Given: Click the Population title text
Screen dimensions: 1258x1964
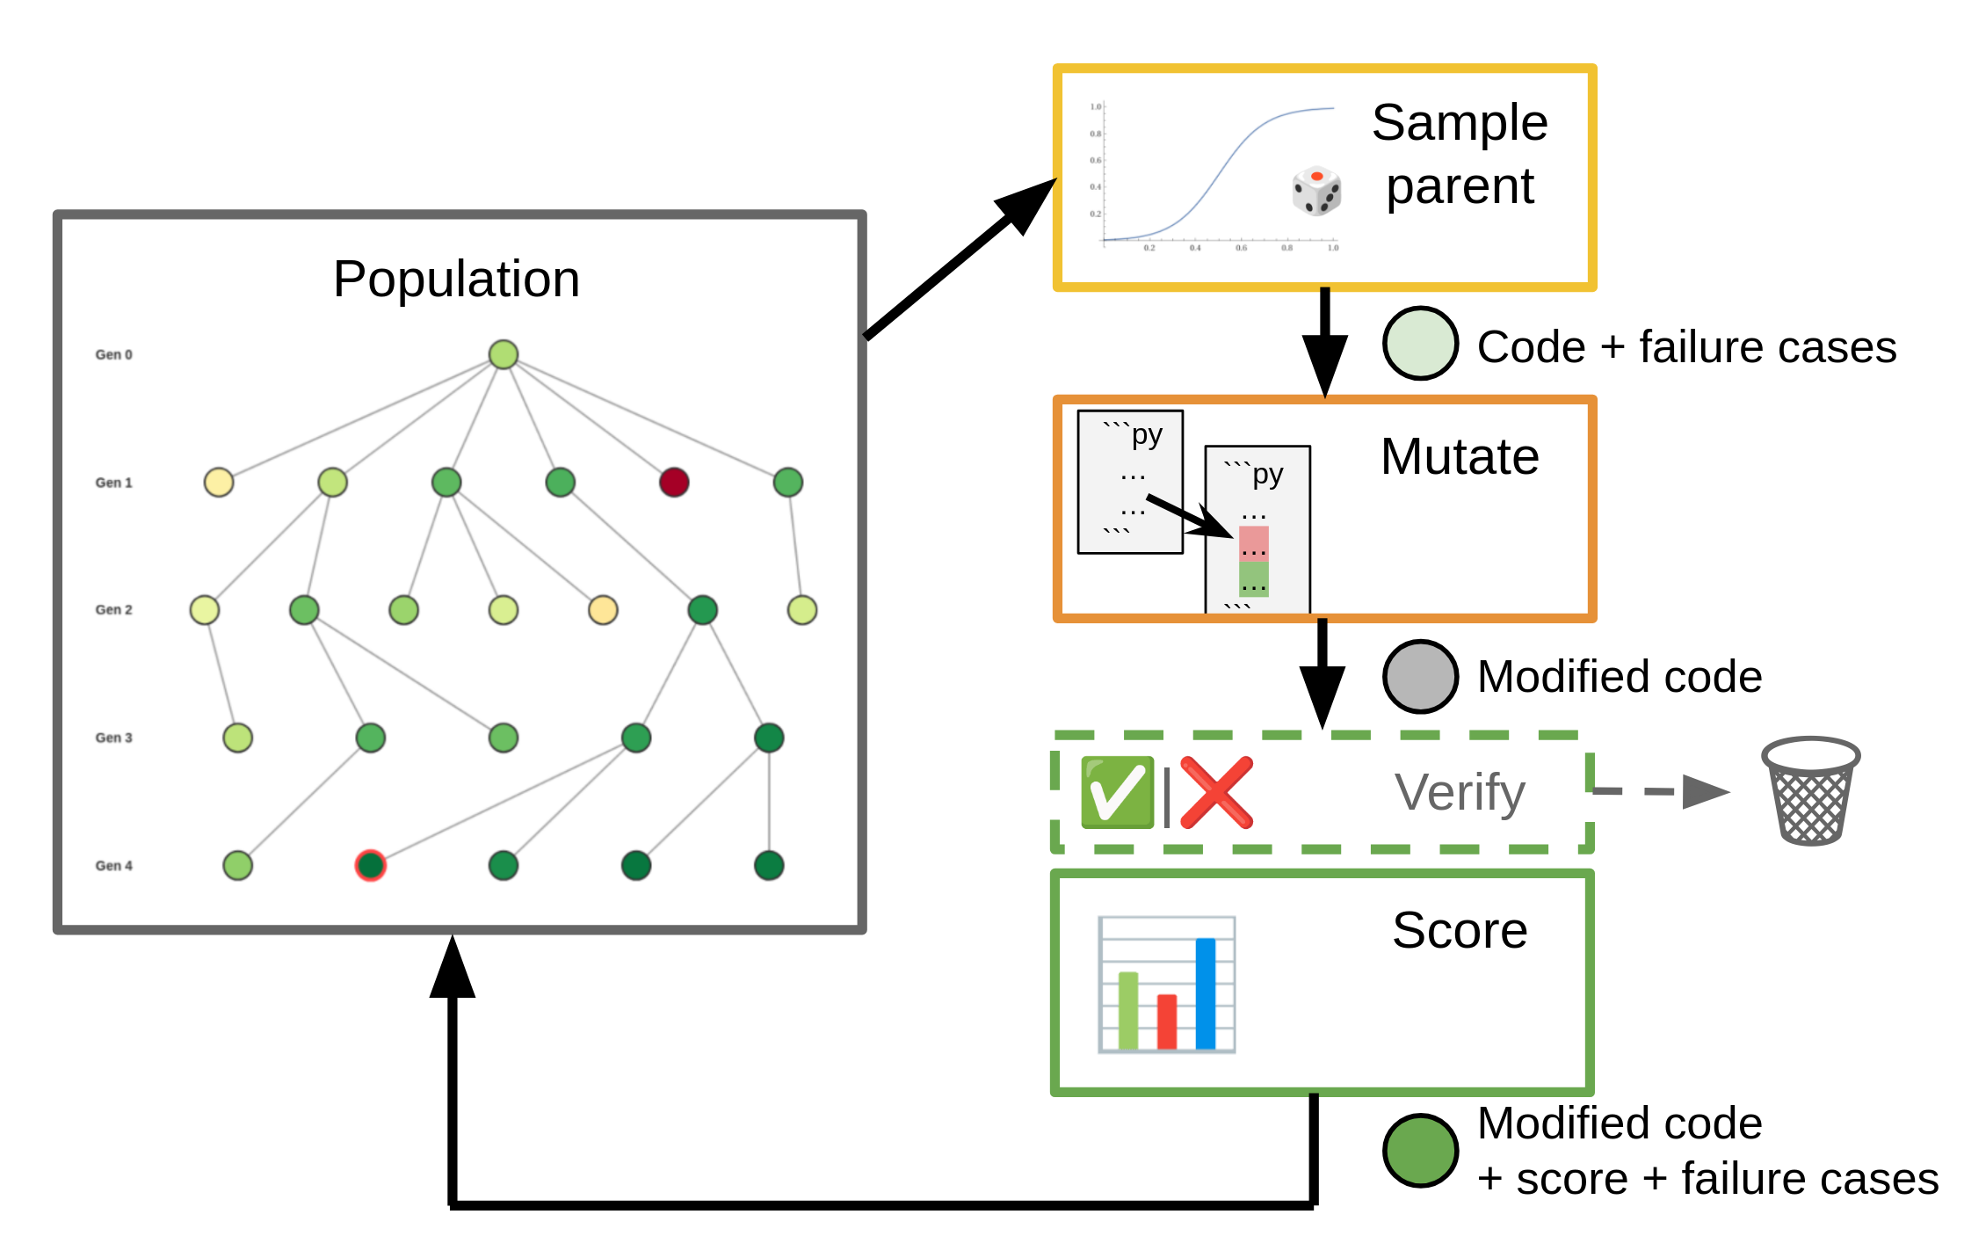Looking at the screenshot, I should pyautogui.click(x=456, y=280).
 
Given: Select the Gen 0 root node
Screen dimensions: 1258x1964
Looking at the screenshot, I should pyautogui.click(x=503, y=354).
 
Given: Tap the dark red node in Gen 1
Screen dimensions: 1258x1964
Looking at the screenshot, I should pyautogui.click(x=673, y=482).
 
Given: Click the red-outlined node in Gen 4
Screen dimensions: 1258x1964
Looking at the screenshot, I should pyautogui.click(x=370, y=865).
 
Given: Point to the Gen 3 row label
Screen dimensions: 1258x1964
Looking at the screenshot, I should pyautogui.click(x=113, y=738).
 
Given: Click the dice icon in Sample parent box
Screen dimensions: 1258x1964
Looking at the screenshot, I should pyautogui.click(x=1315, y=191).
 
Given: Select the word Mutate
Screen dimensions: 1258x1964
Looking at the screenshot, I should pyautogui.click(x=1459, y=457).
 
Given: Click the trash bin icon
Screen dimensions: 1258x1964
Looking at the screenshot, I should pyautogui.click(x=1810, y=791).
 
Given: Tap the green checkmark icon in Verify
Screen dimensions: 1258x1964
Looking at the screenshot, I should pyautogui.click(x=1116, y=792).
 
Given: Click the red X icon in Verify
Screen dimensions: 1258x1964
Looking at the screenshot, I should pyautogui.click(x=1216, y=792).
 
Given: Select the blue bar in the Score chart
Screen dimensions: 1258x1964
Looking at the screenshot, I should pyautogui.click(x=1205, y=993).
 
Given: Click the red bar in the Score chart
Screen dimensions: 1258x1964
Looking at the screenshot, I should pyautogui.click(x=1166, y=1022).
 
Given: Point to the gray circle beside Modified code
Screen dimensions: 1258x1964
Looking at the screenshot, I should pyautogui.click(x=1420, y=676).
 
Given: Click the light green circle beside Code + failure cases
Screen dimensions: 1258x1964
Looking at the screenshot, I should pyautogui.click(x=1420, y=344).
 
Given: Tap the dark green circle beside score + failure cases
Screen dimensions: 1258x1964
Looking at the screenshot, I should pyautogui.click(x=1420, y=1150).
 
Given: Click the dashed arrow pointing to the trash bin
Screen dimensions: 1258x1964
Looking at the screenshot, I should pyautogui.click(x=1661, y=791).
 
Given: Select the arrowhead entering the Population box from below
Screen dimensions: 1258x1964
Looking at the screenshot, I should pyautogui.click(x=453, y=967).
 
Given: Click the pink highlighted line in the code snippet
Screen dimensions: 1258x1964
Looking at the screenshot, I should pyautogui.click(x=1253, y=543).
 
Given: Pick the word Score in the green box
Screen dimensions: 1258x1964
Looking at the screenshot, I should pyautogui.click(x=1459, y=930).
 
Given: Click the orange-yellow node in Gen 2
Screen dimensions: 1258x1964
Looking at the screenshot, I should pyautogui.click(x=602, y=609).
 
